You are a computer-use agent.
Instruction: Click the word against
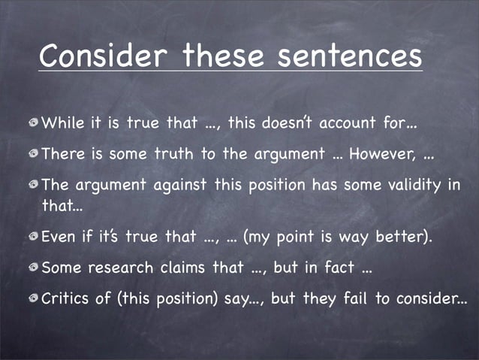pos(161,185)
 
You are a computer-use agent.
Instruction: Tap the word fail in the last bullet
pos(354,298)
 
